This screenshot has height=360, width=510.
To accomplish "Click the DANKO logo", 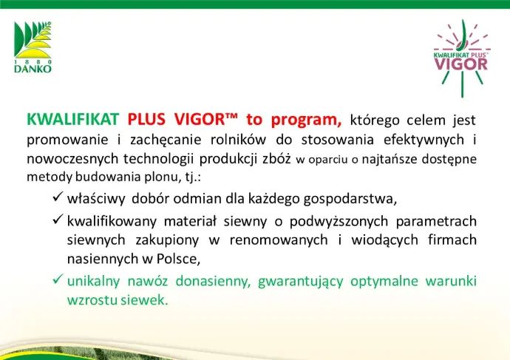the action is [33, 47].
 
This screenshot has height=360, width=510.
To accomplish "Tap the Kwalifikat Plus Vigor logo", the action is [461, 58].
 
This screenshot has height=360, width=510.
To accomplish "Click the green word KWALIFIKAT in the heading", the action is [73, 119].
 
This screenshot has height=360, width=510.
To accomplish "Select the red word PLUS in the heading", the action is [146, 119].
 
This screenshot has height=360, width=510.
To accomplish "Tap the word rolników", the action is [238, 140].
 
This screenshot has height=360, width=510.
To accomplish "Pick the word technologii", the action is [157, 160].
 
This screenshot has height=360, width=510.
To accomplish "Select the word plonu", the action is [161, 177].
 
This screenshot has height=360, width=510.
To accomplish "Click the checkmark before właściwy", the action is [58, 196].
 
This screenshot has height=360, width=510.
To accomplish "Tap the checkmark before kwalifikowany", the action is [58, 219].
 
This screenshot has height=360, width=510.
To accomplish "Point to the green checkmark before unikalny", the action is [58, 279].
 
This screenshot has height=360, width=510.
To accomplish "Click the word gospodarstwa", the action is [350, 200].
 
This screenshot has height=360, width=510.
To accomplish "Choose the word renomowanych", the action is [279, 240].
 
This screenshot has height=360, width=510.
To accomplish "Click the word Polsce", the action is [178, 259].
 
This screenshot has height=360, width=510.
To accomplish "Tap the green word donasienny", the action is [214, 282].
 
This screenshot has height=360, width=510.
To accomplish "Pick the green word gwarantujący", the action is [301, 282].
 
